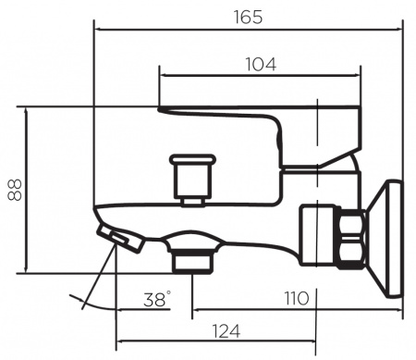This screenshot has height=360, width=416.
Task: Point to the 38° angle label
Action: [x=156, y=299]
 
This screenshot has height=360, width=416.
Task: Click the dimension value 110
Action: [x=295, y=298]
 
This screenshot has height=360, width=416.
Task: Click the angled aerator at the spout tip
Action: [x=118, y=237]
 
